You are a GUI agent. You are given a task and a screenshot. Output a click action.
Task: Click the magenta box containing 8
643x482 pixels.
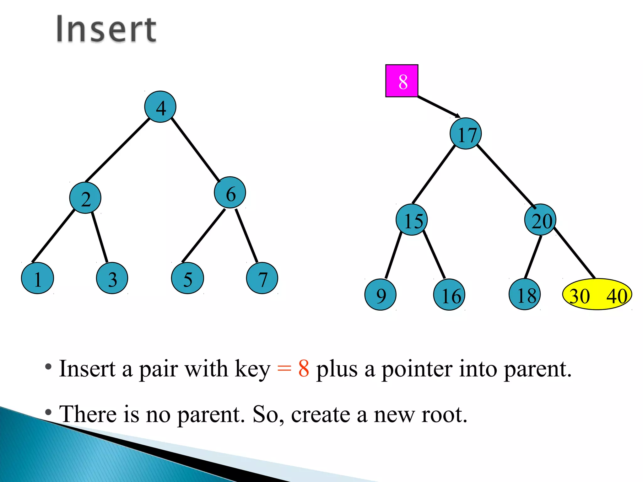coord(402,81)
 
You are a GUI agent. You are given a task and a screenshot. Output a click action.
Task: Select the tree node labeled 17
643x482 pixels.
coord(466,134)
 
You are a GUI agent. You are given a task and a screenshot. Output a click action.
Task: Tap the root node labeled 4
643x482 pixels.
coord(160,107)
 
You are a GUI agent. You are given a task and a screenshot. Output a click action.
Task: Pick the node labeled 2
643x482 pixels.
coord(85,198)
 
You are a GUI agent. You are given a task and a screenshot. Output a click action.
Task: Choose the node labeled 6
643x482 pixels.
coord(230,192)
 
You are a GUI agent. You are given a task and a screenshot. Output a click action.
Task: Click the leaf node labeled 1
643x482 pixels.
coord(37,278)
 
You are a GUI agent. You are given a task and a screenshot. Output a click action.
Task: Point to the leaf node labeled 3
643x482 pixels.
coord(112,278)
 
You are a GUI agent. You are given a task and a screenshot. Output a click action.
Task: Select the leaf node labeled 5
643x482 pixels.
coord(187,278)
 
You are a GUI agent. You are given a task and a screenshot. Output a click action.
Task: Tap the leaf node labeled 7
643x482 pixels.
coord(262,278)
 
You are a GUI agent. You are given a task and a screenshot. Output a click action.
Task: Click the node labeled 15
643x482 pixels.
coord(412,220)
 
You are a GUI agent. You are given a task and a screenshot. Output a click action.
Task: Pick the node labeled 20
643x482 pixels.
coord(540,220)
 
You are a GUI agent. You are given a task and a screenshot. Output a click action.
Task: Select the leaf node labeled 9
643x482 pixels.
coord(380,294)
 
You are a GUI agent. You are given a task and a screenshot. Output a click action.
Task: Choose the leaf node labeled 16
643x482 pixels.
coord(449,294)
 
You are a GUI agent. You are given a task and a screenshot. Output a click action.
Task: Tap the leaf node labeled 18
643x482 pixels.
coord(524,294)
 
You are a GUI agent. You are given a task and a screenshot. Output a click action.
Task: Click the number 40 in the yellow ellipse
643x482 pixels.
coord(616,296)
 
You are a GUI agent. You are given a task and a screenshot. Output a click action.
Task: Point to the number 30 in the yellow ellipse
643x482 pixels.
coord(580,296)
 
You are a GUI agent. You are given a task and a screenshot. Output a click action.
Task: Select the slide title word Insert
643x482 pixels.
coord(106,29)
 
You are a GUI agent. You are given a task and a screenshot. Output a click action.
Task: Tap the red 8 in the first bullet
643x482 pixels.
coord(304,368)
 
